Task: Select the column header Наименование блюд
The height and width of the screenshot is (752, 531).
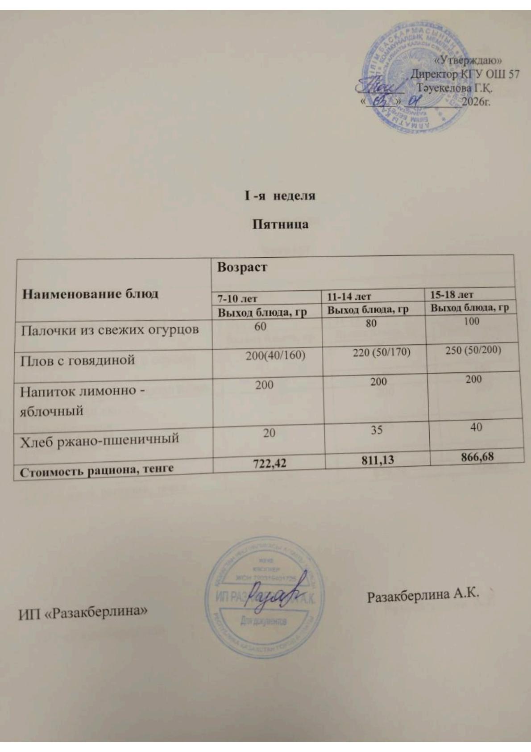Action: point(91,294)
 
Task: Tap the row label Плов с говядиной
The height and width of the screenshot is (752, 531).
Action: point(78,360)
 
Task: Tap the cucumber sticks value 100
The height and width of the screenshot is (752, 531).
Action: point(471,321)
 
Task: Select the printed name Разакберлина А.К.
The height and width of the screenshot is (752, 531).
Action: point(423,595)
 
